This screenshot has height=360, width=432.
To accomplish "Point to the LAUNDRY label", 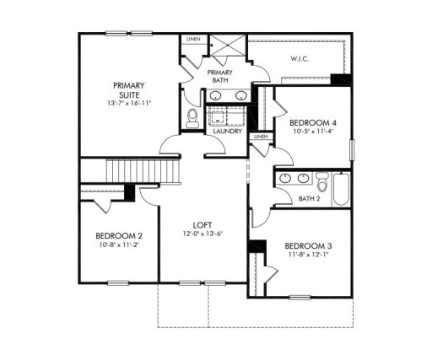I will click(228, 132).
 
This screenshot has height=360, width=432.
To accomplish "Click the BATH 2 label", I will click(310, 199).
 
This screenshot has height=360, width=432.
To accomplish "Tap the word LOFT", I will click(202, 224).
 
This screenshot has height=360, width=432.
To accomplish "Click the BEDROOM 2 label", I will click(118, 235).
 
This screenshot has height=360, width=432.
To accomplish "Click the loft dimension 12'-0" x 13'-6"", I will click(202, 234).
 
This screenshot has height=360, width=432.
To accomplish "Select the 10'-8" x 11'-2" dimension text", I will click(118, 244).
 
